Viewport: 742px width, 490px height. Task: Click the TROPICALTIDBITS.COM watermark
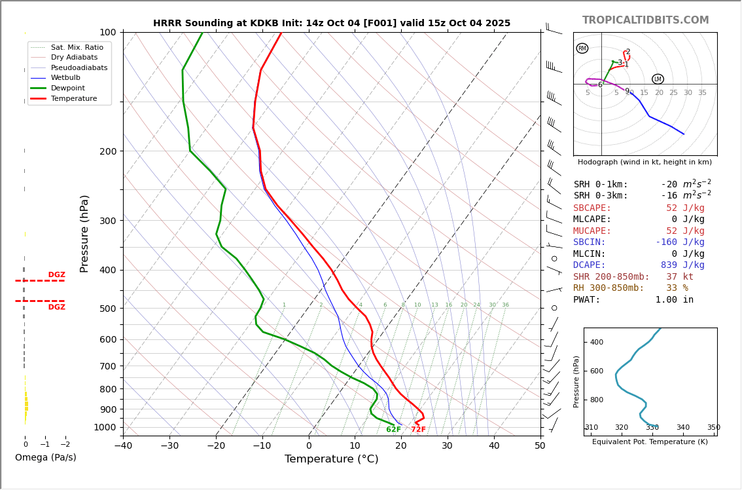[x=645, y=20]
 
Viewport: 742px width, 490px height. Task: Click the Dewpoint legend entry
[x=67, y=88]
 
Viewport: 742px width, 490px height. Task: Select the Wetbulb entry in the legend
[x=65, y=78]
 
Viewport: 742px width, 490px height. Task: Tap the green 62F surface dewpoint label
[x=393, y=430]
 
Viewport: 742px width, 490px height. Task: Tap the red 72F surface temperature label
[x=418, y=430]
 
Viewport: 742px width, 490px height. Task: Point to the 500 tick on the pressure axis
[x=107, y=309]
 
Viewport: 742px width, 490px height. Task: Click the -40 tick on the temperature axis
[x=123, y=446]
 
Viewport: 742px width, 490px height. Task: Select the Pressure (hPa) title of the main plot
[x=84, y=233]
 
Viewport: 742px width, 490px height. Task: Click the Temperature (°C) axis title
[x=331, y=459]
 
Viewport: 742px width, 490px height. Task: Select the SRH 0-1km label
[x=601, y=185]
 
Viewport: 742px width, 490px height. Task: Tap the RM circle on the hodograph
[x=582, y=48]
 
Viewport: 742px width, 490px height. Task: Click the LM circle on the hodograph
[x=658, y=79]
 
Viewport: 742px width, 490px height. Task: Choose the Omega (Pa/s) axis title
[x=46, y=457]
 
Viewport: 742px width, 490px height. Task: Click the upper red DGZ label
[x=56, y=275]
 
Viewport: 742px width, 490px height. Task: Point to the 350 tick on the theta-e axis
[x=713, y=428]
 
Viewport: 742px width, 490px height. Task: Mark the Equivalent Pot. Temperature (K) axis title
[x=650, y=442]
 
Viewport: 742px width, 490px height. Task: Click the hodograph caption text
[x=645, y=162]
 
